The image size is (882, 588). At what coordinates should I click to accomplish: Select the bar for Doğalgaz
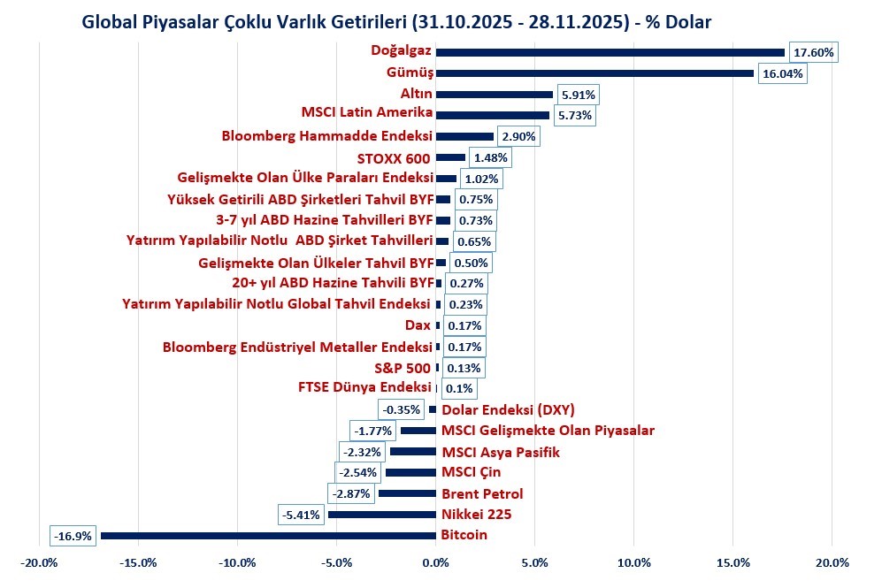pyautogui.click(x=610, y=52)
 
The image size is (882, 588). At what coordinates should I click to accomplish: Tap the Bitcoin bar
pyautogui.click(x=269, y=536)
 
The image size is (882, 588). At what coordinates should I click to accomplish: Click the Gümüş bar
pyautogui.click(x=594, y=73)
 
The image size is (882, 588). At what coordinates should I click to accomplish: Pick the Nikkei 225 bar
pyautogui.click(x=382, y=515)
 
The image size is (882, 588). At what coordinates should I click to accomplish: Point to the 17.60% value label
pyautogui.click(x=812, y=52)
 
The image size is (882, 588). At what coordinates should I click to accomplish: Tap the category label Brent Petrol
pyautogui.click(x=482, y=494)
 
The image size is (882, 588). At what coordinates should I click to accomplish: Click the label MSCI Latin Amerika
pyautogui.click(x=367, y=112)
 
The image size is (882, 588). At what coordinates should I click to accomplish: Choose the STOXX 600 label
pyautogui.click(x=394, y=158)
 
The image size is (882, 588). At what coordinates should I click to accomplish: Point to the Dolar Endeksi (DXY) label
pyautogui.click(x=508, y=409)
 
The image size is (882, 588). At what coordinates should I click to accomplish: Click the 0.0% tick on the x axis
pyautogui.click(x=435, y=562)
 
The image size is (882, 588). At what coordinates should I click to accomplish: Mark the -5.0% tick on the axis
pyautogui.click(x=337, y=562)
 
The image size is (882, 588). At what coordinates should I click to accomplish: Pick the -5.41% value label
pyautogui.click(x=301, y=515)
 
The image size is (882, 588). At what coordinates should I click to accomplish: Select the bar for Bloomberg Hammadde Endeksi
pyautogui.click(x=464, y=137)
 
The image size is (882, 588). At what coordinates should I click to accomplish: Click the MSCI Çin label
pyautogui.click(x=470, y=472)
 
